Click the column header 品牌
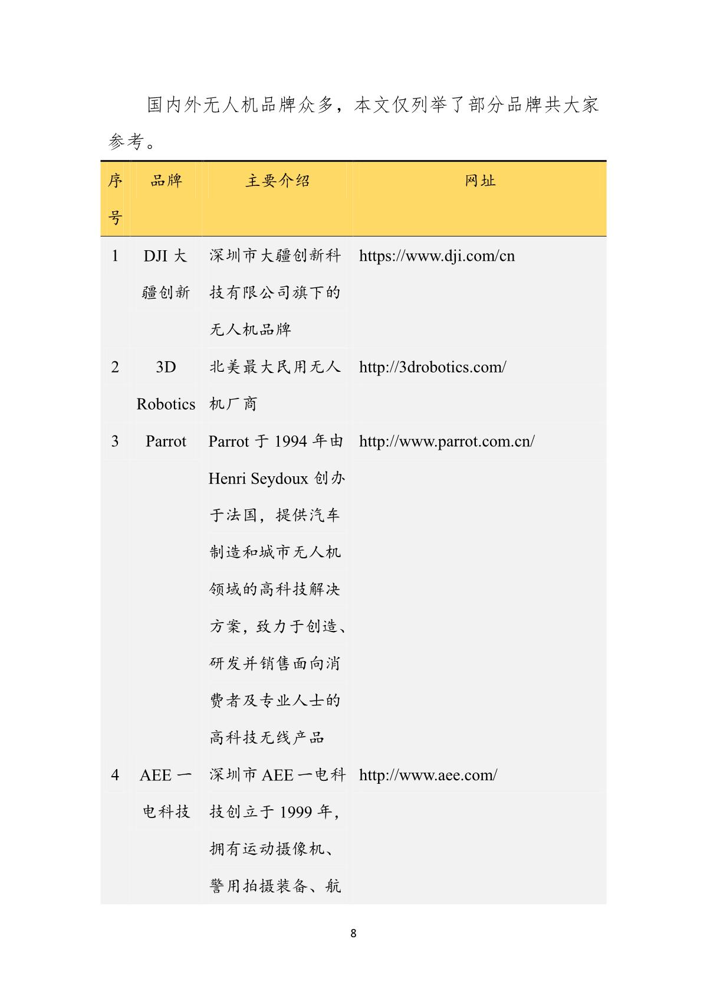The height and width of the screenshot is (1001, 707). [x=166, y=181]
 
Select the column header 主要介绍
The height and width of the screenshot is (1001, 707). [x=277, y=181]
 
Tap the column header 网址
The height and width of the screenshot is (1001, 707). [x=480, y=181]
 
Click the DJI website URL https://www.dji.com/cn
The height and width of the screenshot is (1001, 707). [x=436, y=256]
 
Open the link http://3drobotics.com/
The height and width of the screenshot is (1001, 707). [x=432, y=367]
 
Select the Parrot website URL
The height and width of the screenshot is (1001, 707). [x=446, y=441]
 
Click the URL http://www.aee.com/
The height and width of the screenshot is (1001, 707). [x=428, y=775]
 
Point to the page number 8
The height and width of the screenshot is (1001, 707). [x=353, y=933]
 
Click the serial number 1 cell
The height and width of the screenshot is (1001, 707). [x=115, y=256]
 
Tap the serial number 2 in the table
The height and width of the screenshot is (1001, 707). [x=115, y=367]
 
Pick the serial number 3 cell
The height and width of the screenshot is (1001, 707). [x=115, y=441]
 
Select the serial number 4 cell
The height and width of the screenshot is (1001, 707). [x=115, y=775]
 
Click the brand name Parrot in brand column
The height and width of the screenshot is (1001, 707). [x=166, y=441]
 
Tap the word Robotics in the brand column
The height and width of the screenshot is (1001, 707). [x=166, y=404]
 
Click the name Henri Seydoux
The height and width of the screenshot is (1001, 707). [x=258, y=479]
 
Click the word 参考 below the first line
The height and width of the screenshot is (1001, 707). [x=126, y=142]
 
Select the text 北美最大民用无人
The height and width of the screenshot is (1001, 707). [x=275, y=367]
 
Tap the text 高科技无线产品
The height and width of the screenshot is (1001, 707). [x=267, y=738]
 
